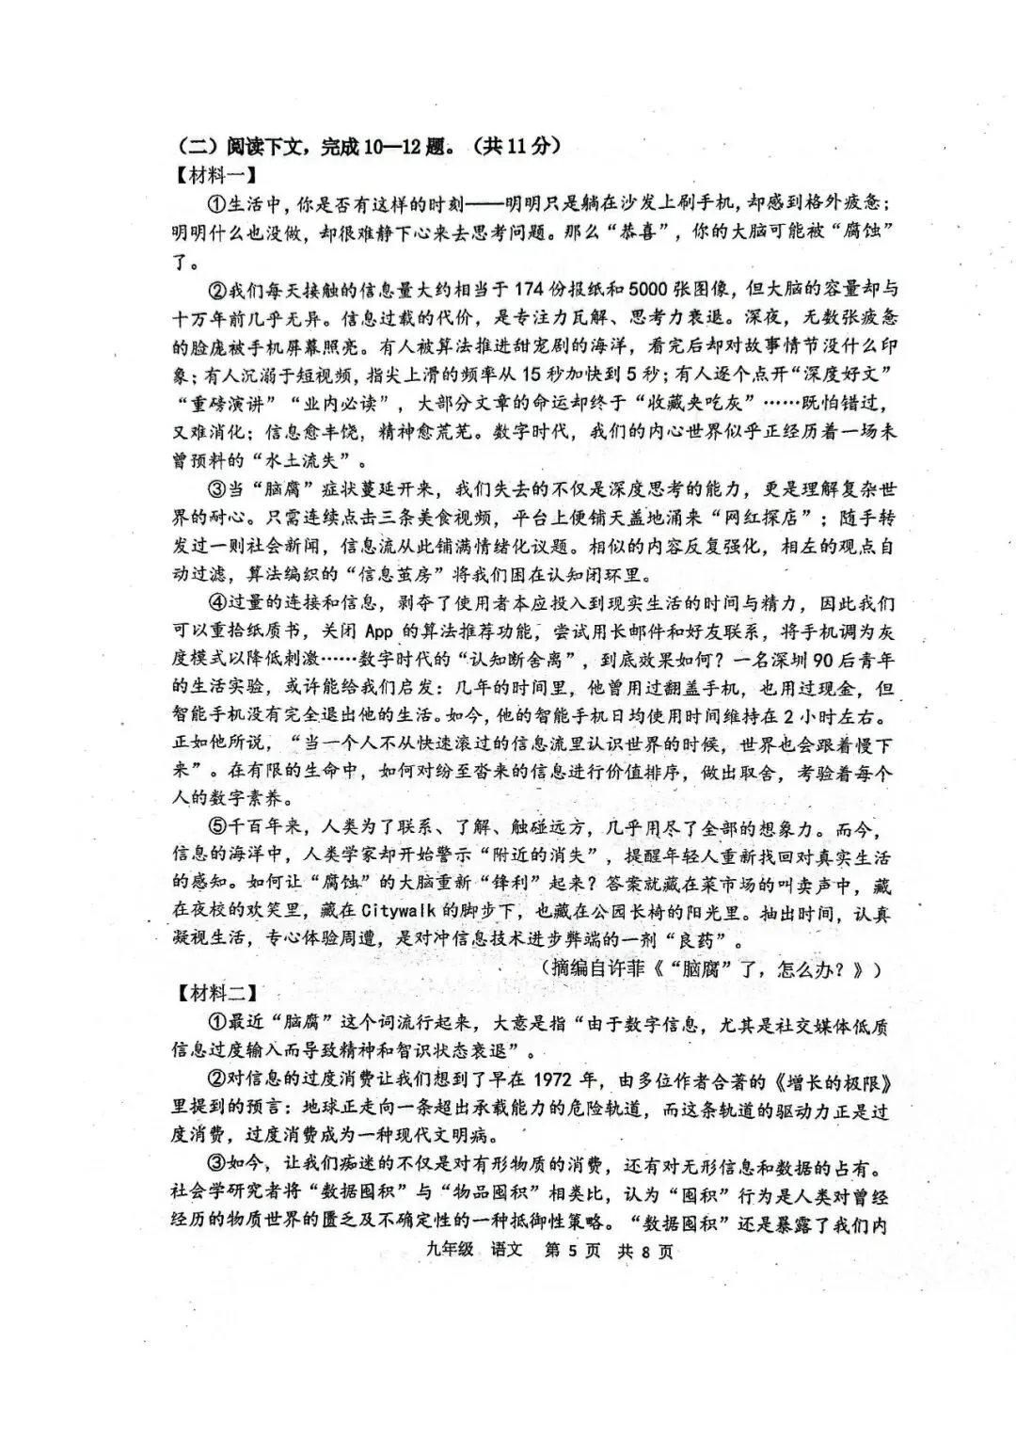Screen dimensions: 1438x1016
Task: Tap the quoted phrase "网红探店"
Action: click(764, 517)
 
